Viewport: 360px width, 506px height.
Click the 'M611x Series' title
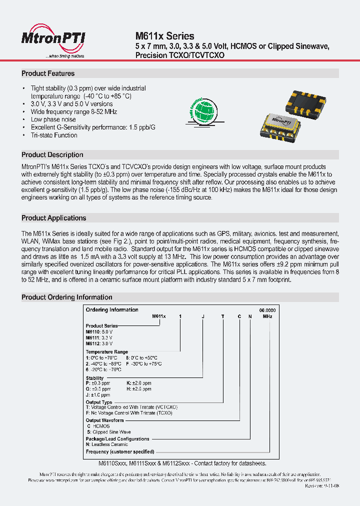pos(164,36)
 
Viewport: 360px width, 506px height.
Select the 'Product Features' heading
pos(48,73)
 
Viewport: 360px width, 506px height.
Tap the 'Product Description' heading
pos(52,155)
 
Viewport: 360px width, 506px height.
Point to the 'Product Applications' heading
pos(53,218)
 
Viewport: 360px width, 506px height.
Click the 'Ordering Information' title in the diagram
pos(112,310)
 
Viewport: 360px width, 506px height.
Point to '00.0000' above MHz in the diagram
pos(267,310)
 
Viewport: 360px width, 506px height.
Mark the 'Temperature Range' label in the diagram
pos(106,352)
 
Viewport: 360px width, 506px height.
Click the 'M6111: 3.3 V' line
pos(99,338)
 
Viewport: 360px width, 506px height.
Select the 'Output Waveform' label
pos(104,420)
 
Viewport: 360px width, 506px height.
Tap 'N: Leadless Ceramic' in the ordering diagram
pos(106,444)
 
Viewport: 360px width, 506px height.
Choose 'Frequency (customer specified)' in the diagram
pos(119,451)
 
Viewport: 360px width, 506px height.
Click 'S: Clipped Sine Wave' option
pos(108,432)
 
